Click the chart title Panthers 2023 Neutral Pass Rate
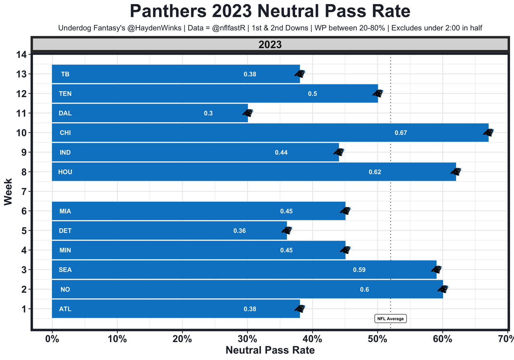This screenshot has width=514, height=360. pos(270,11)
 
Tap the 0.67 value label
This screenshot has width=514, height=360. pos(401,133)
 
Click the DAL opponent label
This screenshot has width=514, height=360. pos(65,113)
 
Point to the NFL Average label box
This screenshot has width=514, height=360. pos(391,319)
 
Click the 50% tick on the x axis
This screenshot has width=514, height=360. pos(377,338)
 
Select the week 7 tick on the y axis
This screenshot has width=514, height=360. pos(24,191)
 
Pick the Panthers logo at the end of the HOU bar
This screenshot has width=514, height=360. pos(456,172)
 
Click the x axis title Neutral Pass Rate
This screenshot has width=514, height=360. pos(270,350)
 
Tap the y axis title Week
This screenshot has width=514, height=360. pos(8,192)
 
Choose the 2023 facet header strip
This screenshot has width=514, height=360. pos(270,45)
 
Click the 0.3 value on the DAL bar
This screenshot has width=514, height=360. pos(208,113)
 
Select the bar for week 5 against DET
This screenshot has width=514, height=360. pos(169,231)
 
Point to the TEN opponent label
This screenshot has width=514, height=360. pos(65,94)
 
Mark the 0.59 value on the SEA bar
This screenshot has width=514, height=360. pos(359,270)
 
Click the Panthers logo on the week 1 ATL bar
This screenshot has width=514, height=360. pos(300,309)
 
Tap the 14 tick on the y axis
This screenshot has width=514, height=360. pos(22,54)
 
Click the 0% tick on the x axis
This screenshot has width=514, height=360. pos(52,338)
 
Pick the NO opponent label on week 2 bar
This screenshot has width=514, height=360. pos(65,289)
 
